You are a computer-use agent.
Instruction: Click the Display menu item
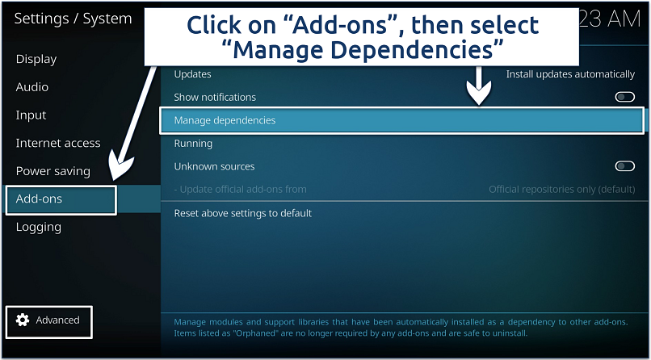(36, 59)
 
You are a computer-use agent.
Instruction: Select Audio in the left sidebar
(32, 87)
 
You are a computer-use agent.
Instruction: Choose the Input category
(31, 115)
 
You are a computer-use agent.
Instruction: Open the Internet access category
(58, 144)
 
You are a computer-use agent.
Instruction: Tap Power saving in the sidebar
(53, 171)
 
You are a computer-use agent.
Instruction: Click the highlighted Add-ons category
(40, 199)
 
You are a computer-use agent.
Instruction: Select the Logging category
(39, 228)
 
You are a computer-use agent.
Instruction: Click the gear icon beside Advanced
(23, 320)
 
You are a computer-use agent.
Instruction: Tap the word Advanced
(57, 320)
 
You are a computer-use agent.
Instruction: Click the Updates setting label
(193, 74)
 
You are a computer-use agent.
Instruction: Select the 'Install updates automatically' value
(570, 74)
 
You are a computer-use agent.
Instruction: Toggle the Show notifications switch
(624, 97)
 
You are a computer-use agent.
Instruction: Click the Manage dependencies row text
(225, 120)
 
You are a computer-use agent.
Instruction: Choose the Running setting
(193, 144)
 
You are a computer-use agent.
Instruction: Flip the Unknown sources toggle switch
(624, 166)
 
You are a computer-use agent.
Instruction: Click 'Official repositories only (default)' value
(561, 190)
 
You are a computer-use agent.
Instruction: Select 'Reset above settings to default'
(243, 213)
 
